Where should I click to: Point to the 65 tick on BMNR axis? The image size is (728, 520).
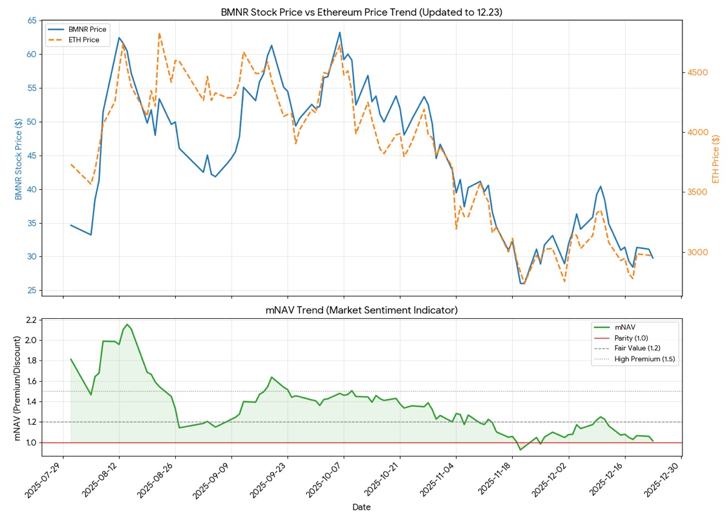click(32, 21)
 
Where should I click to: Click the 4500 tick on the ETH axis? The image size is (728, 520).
click(698, 73)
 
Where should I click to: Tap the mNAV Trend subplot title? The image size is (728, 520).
click(362, 310)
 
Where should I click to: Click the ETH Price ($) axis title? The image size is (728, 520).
click(716, 159)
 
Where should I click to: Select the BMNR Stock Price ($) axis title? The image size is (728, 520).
click(18, 159)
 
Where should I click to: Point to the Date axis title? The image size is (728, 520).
click(362, 507)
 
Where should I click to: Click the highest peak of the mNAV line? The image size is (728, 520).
click(127, 325)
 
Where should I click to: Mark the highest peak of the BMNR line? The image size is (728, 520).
click(339, 32)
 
